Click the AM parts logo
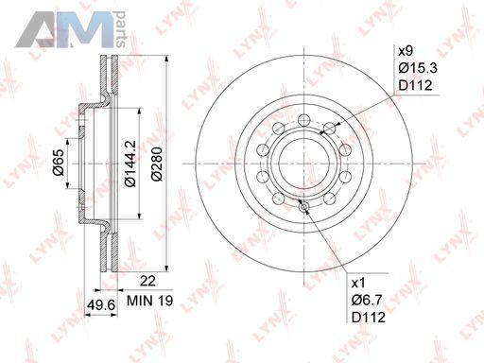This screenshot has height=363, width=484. (x=71, y=29)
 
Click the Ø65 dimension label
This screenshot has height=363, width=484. (x=59, y=163)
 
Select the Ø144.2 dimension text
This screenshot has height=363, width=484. (x=130, y=164)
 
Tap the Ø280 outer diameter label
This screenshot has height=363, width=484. (x=157, y=164)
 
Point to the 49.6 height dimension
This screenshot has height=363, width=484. (x=101, y=304)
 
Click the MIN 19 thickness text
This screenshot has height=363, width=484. (x=149, y=301)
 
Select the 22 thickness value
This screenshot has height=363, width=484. (x=147, y=281)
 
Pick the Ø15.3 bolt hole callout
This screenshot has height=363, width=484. (x=418, y=68)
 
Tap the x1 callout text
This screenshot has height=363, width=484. (x=358, y=284)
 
